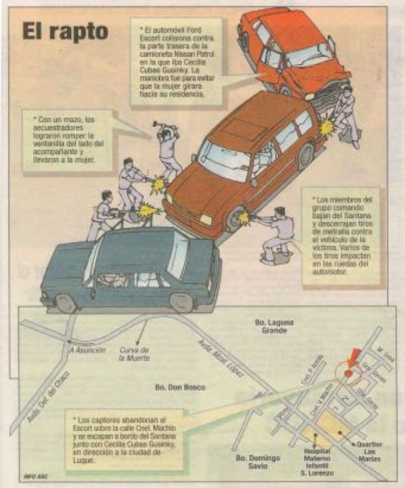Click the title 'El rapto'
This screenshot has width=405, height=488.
tap(65, 32)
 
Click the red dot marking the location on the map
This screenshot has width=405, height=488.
tap(348, 373)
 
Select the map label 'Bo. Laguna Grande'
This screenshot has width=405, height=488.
tap(272, 326)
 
